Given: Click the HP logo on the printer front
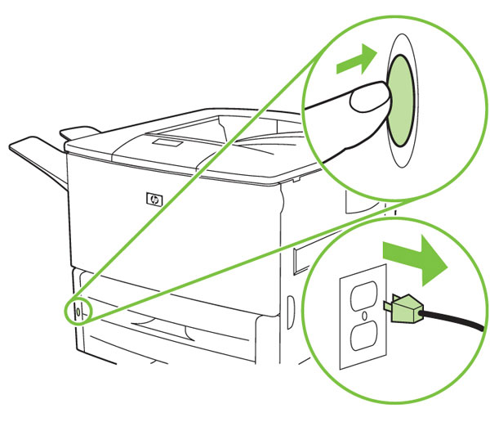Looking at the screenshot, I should tap(154, 197).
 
